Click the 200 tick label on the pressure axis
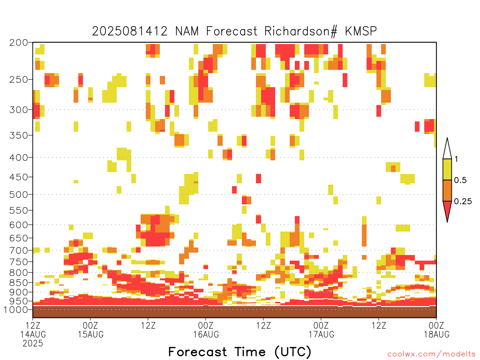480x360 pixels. coord(18,43)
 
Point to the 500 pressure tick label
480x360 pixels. coord(18,195)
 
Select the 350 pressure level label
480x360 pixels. coord(18,135)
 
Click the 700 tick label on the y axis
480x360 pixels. coord(18,250)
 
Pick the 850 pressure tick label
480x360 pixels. coord(18,282)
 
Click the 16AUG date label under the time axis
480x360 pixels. coord(206,334)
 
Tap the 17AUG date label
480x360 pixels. coord(322,334)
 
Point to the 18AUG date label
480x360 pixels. coord(436,334)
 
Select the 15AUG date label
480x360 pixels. coord(90,334)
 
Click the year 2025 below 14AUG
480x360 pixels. coord(33,344)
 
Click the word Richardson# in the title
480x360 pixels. coord(301,31)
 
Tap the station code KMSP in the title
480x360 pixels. coord(361,31)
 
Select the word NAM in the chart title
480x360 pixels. coord(187,31)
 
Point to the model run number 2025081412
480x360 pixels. coord(130,31)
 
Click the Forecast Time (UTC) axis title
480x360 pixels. coord(240,352)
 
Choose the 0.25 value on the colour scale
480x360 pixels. coord(463,202)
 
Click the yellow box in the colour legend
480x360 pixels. coord(447,169)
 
